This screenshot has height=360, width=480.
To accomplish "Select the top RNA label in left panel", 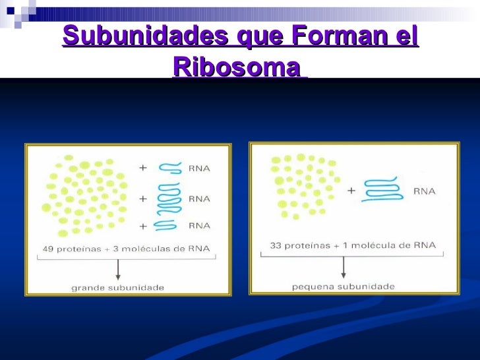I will [199, 168].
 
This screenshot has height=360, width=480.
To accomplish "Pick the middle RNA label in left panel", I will [199, 198].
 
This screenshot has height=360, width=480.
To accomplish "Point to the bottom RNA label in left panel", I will [199, 225].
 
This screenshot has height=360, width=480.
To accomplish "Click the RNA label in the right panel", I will [424, 191].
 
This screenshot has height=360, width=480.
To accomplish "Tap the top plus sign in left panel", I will [142, 168].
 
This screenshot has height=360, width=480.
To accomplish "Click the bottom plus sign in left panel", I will [142, 225].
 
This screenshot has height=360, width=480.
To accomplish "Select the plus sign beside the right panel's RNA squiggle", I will [351, 191].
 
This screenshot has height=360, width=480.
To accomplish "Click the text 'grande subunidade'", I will [118, 287].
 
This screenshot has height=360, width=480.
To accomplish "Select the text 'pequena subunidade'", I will [343, 286].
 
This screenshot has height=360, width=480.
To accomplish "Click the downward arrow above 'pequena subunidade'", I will [343, 267].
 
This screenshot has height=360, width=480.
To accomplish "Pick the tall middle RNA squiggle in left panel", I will [169, 198].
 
